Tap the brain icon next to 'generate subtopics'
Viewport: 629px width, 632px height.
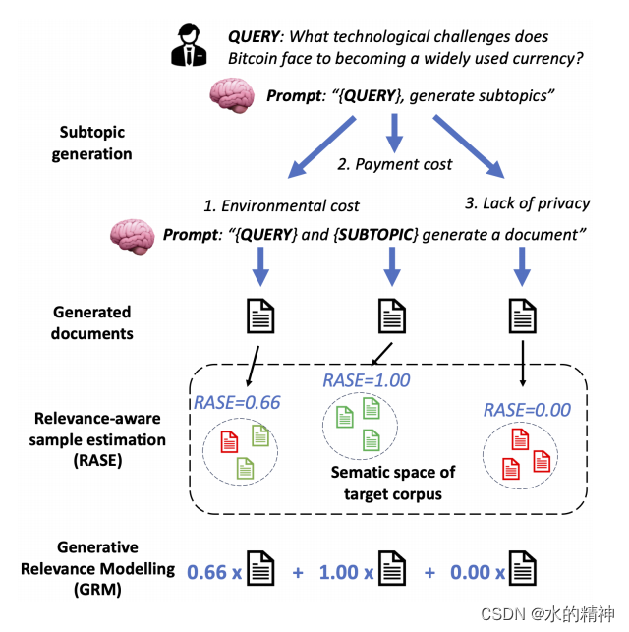click(x=232, y=95)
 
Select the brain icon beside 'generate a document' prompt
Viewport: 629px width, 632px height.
click(x=132, y=235)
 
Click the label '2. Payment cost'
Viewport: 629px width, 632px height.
click(x=394, y=164)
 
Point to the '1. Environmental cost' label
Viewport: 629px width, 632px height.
click(x=281, y=205)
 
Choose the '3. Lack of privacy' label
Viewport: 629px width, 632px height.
click(x=526, y=203)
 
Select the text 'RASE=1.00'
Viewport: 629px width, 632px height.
click(x=367, y=380)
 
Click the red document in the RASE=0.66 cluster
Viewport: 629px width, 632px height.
click(x=229, y=441)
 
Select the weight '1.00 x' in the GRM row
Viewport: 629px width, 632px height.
click(x=347, y=570)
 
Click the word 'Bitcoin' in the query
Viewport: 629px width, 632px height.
click(x=255, y=59)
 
